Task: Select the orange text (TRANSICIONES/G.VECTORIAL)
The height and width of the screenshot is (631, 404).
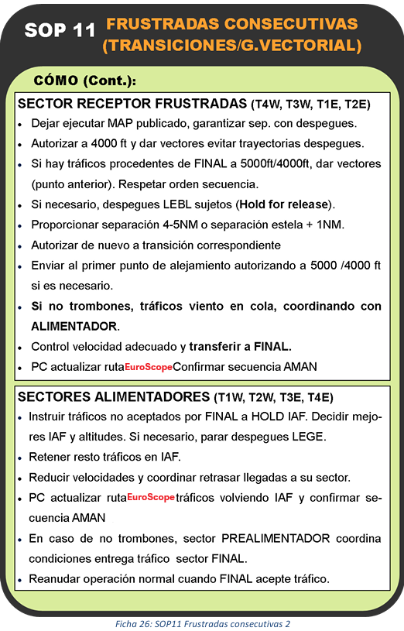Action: point(231,45)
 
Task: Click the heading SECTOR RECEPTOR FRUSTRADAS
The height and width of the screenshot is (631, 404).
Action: point(132,103)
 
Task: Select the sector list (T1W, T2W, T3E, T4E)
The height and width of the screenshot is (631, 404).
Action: point(273,398)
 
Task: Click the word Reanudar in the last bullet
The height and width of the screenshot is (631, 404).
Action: point(56,578)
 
